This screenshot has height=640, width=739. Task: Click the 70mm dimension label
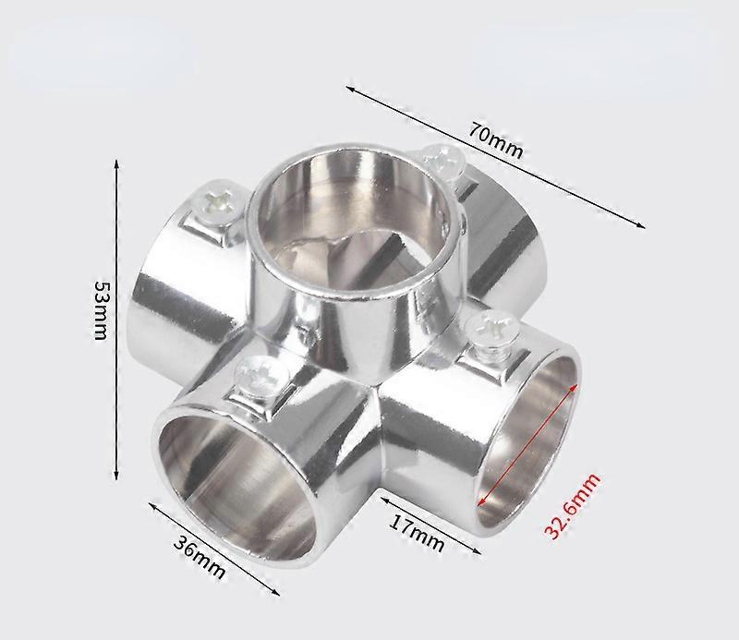pyautogui.click(x=495, y=141)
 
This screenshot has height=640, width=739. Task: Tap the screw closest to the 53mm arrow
pyautogui.click(x=220, y=203)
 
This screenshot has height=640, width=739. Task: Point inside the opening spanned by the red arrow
pyautogui.click(x=531, y=429)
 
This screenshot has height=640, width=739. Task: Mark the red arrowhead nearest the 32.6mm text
pyautogui.click(x=484, y=501)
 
